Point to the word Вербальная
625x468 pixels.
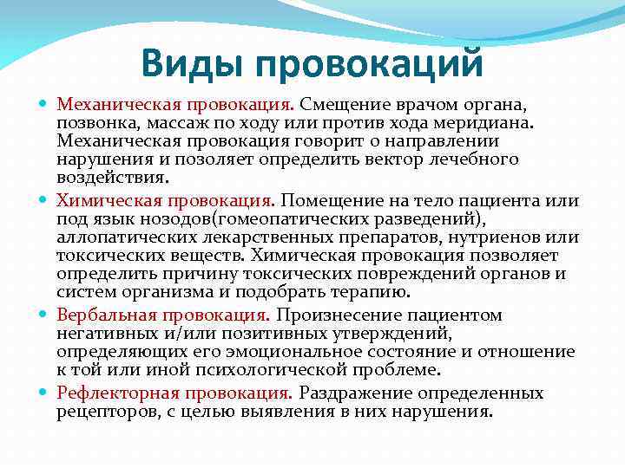[x=101, y=315]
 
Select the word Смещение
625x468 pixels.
[x=344, y=105]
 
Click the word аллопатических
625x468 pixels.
[x=122, y=237]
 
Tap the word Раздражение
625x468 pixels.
[x=358, y=393]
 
